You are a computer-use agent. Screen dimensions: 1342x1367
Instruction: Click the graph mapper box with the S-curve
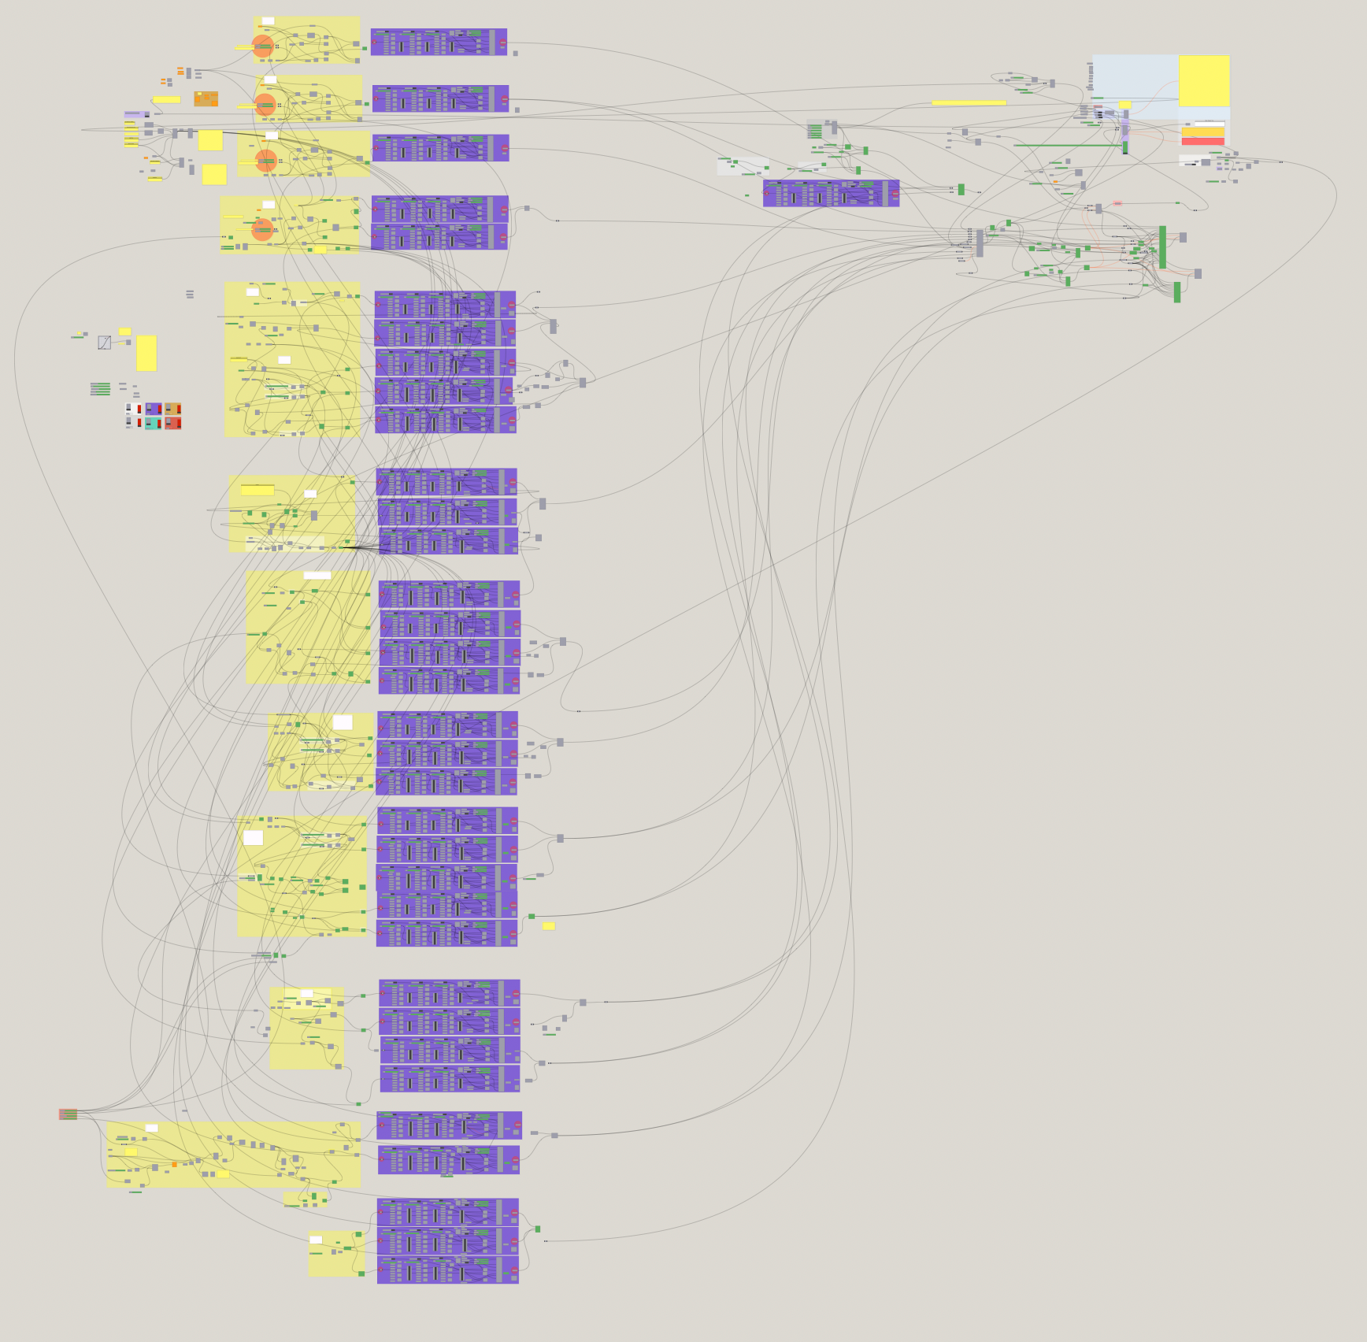pos(104,343)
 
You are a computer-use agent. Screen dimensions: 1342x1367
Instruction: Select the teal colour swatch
pos(153,424)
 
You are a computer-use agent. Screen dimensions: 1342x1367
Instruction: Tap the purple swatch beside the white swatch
pos(154,409)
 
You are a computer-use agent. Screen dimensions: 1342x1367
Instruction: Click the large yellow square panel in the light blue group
pos(1203,80)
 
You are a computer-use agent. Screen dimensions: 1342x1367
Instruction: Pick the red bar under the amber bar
pos(1202,142)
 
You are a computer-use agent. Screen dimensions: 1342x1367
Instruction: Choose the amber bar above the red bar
pos(1202,132)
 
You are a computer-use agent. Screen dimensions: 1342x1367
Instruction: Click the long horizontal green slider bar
pos(1068,145)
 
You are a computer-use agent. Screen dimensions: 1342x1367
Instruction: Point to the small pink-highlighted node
pos(1117,203)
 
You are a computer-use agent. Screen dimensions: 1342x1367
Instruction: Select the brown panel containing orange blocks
pos(206,98)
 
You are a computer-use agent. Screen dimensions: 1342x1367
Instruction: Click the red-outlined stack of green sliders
pos(69,1114)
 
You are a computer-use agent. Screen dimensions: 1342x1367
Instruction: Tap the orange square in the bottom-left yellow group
pos(175,1164)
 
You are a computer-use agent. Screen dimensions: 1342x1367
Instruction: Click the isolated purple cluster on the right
pos(831,193)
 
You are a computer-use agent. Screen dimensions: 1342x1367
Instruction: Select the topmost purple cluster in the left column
pos(439,42)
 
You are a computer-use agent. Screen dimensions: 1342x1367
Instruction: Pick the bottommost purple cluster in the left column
pos(447,1270)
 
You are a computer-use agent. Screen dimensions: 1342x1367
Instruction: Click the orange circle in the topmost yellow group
pos(262,46)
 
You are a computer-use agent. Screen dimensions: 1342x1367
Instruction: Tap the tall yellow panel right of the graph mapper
pos(146,353)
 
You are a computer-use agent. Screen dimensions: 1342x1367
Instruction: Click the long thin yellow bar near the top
pos(969,102)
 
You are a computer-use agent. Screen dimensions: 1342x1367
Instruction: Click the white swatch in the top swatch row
pos(133,409)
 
